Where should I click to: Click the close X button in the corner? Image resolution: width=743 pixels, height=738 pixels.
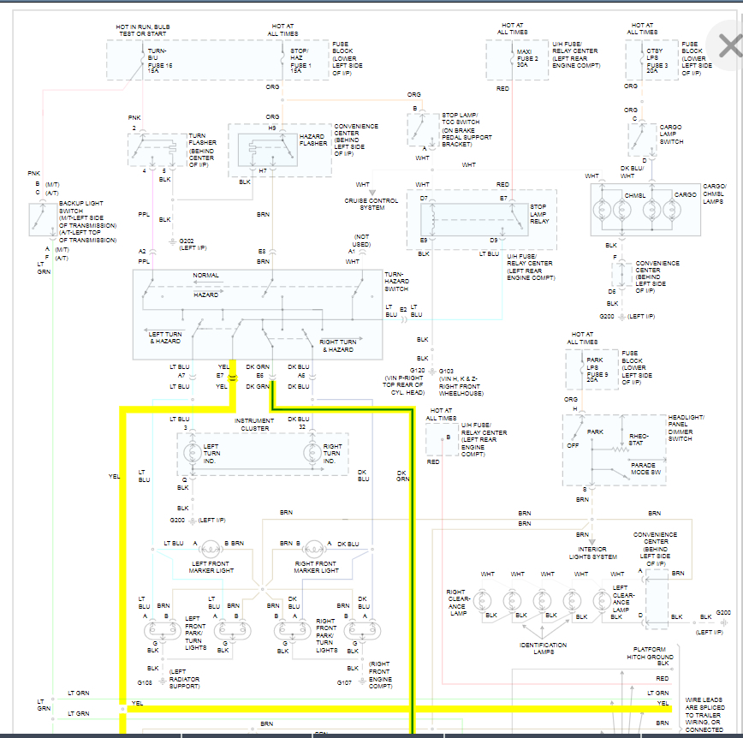click(728, 45)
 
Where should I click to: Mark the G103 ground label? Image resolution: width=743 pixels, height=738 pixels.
click(448, 372)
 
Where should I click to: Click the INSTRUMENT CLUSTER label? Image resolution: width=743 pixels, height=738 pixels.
click(254, 424)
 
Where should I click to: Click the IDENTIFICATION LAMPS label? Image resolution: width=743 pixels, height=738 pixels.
click(543, 648)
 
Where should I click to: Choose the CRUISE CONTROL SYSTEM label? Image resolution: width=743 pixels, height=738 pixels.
click(371, 204)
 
